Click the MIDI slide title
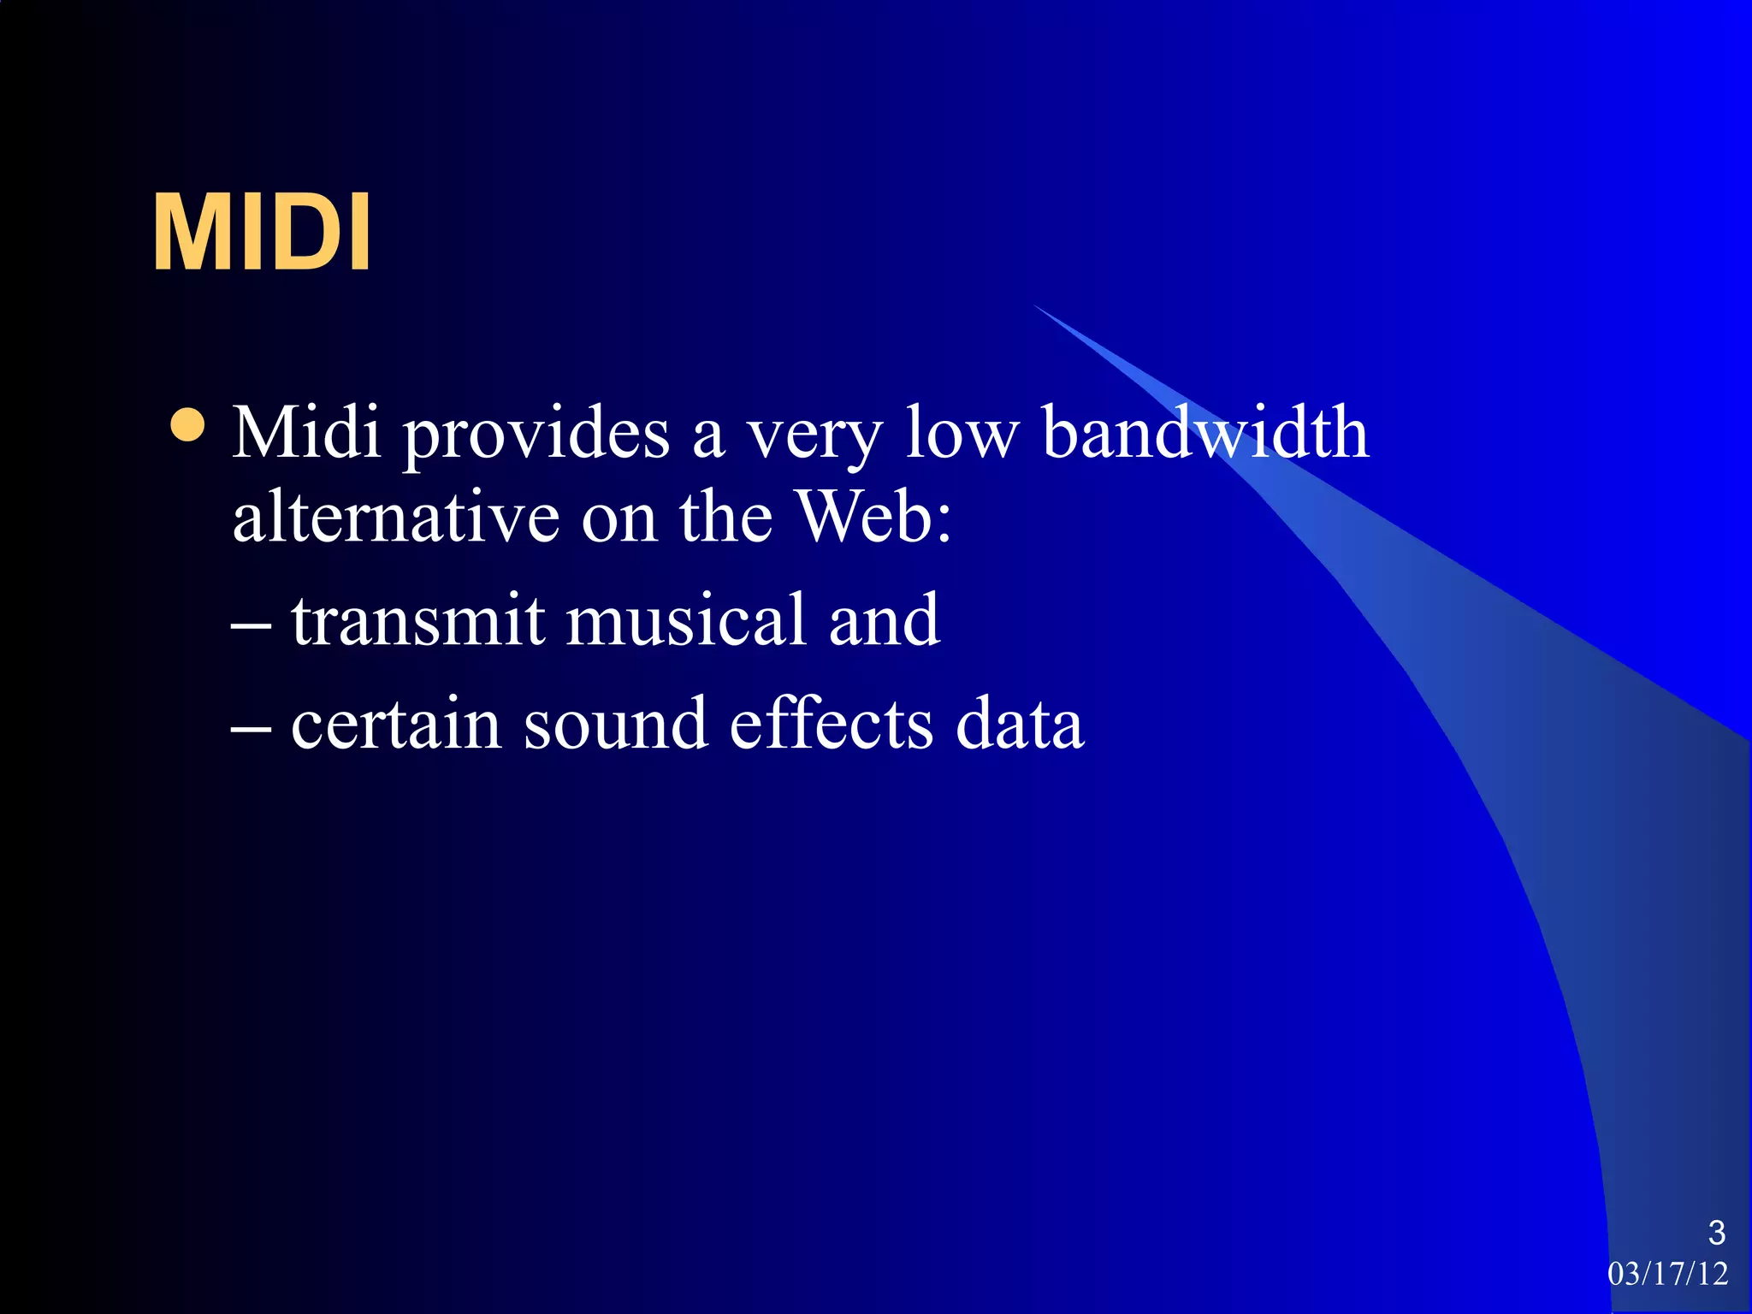coord(262,232)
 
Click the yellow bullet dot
coord(187,425)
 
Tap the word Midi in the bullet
coord(306,433)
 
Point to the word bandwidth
coord(1205,433)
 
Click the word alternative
coord(395,518)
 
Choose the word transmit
coord(417,620)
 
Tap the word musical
coord(685,620)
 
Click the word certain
coord(395,725)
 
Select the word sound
coord(615,725)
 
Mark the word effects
coord(831,725)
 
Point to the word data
coord(1019,725)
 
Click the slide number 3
coord(1716,1233)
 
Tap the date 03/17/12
coord(1667,1274)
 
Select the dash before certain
coord(252,732)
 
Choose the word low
coord(962,433)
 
